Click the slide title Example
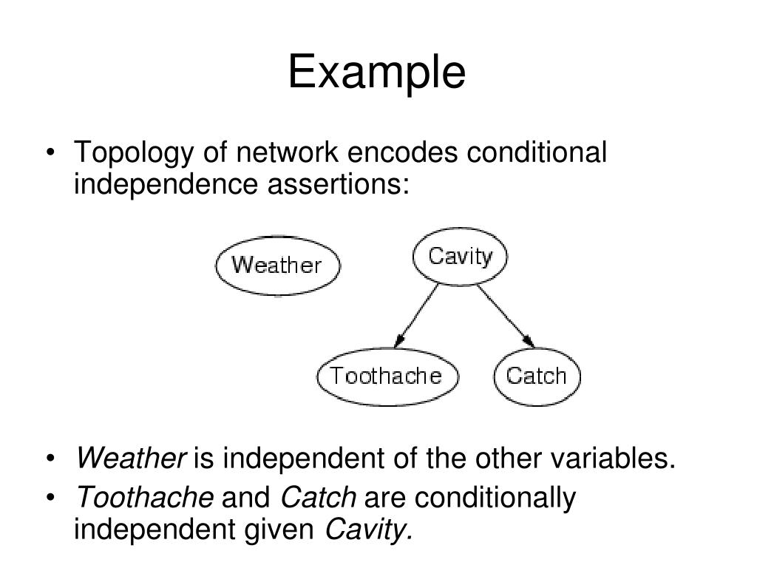377,73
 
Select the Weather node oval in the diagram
277,265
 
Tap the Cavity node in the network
460,257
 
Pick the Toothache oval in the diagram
386,376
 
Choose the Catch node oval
536,376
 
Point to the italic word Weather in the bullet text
131,459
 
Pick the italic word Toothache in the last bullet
145,498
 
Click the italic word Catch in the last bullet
319,498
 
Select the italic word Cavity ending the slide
369,529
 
